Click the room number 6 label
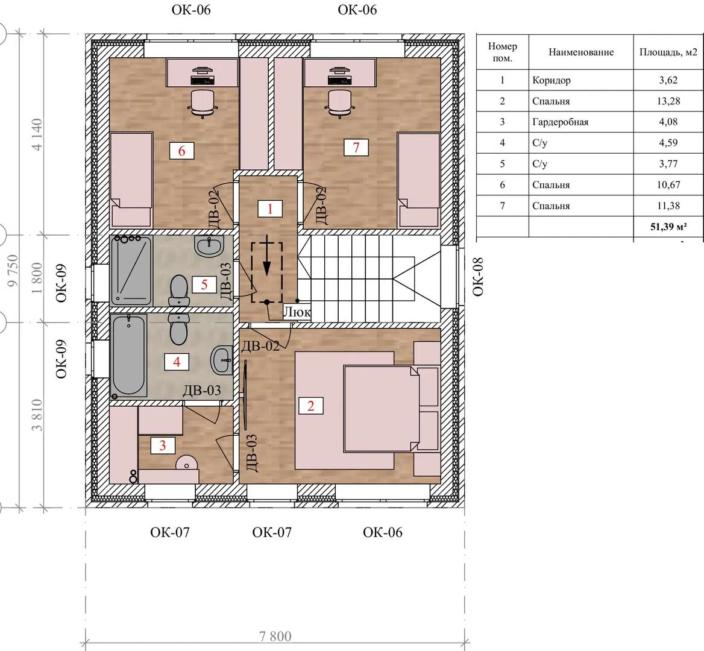tap(181, 151)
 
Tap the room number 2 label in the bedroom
tap(310, 406)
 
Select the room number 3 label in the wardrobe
tap(163, 445)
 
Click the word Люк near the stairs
tap(297, 312)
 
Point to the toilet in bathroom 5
tap(178, 291)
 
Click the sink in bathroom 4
tap(222, 360)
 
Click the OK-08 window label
tap(478, 277)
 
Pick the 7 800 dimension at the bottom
tap(275, 636)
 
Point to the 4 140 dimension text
tap(36, 134)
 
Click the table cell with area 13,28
tap(668, 101)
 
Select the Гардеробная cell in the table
tap(561, 122)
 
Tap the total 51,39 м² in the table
tap(668, 227)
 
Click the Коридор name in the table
tap(552, 80)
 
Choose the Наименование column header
tap(581, 52)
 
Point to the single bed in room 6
tap(131, 179)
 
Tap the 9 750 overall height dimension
tap(13, 270)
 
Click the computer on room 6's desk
tap(203, 76)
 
